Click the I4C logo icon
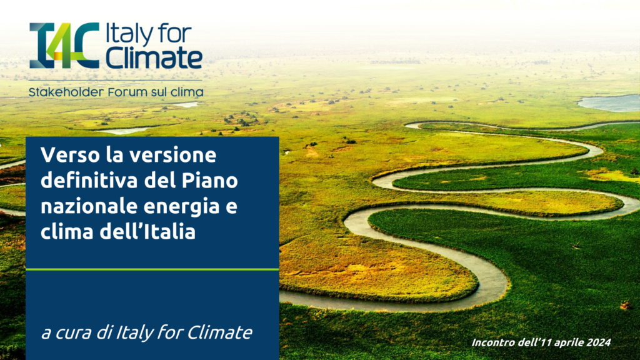pos(64,45)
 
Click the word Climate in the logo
pos(154,57)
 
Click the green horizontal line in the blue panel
pos(152,269)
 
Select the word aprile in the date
pos(567,342)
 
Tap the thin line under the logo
pos(116,80)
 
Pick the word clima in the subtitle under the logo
pos(190,92)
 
